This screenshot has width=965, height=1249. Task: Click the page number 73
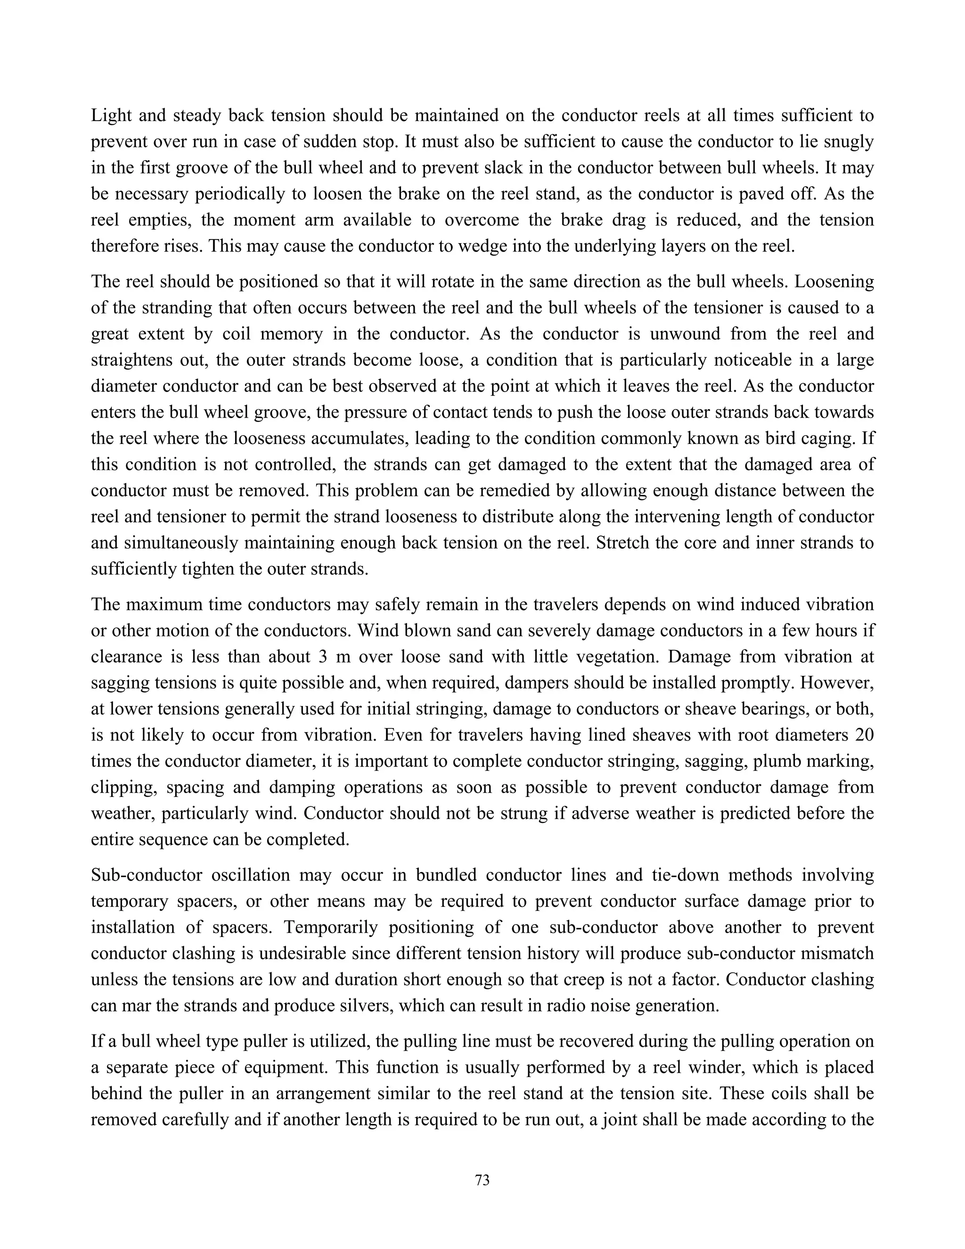coord(482,1180)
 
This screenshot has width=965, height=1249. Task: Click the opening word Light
coord(112,116)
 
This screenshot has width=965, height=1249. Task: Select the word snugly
coord(845,142)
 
